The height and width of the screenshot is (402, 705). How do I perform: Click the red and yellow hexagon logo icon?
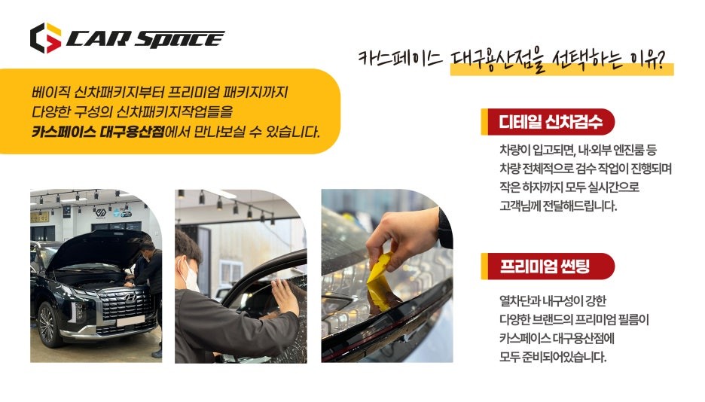[x=45, y=38]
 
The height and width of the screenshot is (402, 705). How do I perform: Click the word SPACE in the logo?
[x=181, y=39]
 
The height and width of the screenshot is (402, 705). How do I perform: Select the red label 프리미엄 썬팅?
[x=546, y=266]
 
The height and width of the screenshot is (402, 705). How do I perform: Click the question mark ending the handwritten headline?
[x=666, y=59]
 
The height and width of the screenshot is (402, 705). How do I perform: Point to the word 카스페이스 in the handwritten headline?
[x=400, y=59]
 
